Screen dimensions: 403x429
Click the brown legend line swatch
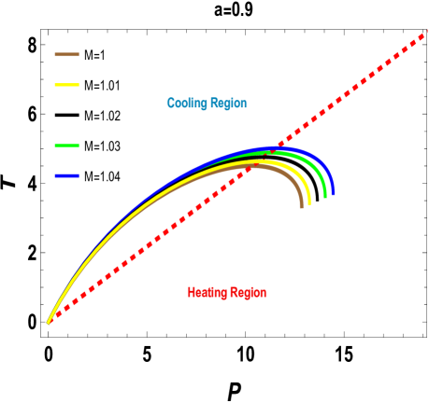pos(66,54)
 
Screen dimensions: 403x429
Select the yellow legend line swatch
pos(66,85)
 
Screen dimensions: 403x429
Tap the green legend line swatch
pos(66,146)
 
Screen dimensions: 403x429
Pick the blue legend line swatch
pos(66,175)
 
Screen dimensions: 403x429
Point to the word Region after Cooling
pos(229,104)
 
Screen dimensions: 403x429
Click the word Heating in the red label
pos(206,293)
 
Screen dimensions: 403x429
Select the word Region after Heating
pos(249,293)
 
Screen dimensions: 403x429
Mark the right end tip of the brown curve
pos(302,206)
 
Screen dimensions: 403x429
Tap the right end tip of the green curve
pos(325,197)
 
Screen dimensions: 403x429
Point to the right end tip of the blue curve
pos(333,194)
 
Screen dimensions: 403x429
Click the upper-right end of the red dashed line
pos(425,34)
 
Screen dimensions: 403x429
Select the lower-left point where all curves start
pos(49,323)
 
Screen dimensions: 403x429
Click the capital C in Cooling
pos(171,104)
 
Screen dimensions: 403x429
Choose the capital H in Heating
pos(192,293)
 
